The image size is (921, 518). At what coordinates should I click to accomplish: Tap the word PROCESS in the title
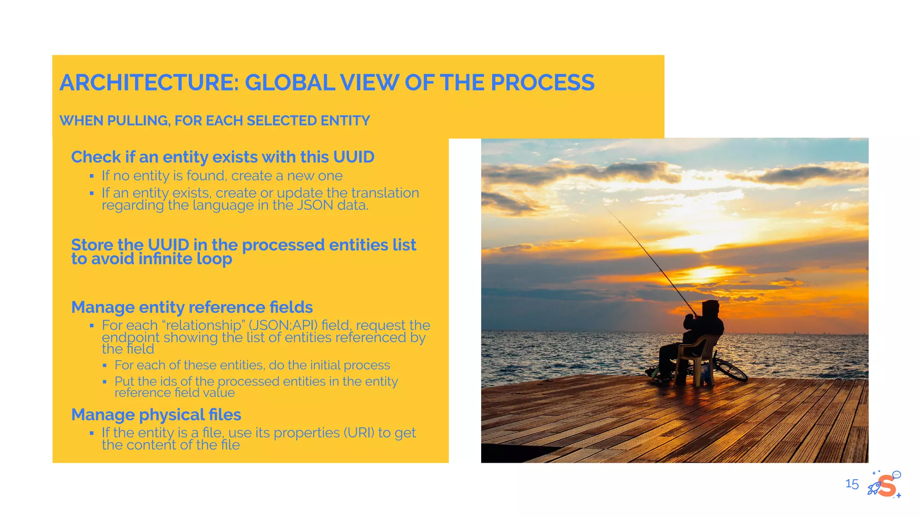pyautogui.click(x=542, y=83)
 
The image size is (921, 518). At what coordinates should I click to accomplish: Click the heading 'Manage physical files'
pyautogui.click(x=156, y=415)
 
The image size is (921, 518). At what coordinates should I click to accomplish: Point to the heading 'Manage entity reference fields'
pyautogui.click(x=192, y=307)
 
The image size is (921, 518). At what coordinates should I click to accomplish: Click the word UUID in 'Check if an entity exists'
pyautogui.click(x=353, y=157)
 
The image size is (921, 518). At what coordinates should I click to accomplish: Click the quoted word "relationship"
pyautogui.click(x=204, y=325)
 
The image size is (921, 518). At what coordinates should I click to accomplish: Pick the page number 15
pyautogui.click(x=852, y=484)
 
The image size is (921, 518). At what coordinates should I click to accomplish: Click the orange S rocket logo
pyautogui.click(x=885, y=485)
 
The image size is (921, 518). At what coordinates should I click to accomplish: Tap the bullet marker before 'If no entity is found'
pyautogui.click(x=92, y=176)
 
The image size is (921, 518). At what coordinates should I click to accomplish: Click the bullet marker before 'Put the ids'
pyautogui.click(x=105, y=382)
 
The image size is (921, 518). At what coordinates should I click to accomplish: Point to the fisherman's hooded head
pyautogui.click(x=710, y=309)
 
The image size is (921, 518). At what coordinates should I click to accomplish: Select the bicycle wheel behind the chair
pyautogui.click(x=730, y=369)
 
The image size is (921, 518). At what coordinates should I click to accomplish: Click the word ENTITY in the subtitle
pyautogui.click(x=345, y=121)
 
